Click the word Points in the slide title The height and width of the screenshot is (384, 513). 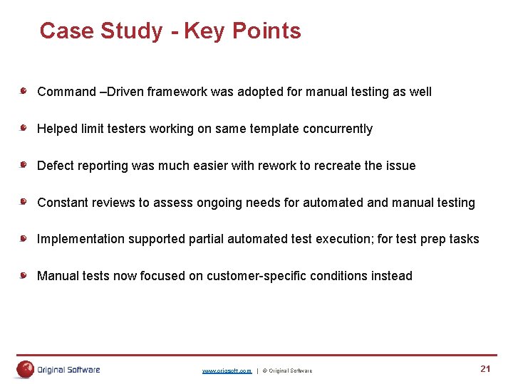point(266,31)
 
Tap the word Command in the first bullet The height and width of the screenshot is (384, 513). point(66,92)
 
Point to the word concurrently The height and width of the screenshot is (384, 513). point(338,129)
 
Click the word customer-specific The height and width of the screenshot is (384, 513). point(265,276)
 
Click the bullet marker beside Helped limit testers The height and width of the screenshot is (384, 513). point(24,128)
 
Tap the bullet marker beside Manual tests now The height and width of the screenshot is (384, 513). point(24,275)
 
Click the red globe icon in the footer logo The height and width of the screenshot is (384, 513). point(26,369)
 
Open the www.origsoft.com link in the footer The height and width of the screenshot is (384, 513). point(227,370)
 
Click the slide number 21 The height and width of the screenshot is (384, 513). point(485,368)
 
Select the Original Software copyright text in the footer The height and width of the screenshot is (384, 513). point(287,370)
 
